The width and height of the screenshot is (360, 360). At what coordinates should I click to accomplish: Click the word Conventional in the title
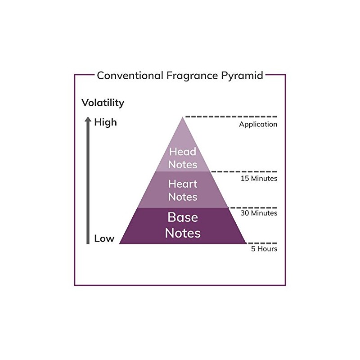pyautogui.click(x=130, y=76)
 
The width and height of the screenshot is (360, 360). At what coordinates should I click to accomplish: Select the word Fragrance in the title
pyautogui.click(x=192, y=76)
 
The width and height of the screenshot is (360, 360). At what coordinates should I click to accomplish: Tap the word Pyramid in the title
pyautogui.click(x=242, y=76)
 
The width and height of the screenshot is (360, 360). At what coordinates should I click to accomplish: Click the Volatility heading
pyautogui.click(x=103, y=103)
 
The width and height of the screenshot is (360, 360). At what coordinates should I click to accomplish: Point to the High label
pyautogui.click(x=106, y=122)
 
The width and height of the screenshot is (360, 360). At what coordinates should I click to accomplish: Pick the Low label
pyautogui.click(x=104, y=238)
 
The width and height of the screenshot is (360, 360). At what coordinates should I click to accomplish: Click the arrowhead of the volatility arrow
pyautogui.click(x=88, y=119)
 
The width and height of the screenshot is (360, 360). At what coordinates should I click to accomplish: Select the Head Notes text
pyautogui.click(x=183, y=158)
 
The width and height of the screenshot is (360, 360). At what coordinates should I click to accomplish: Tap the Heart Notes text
pyautogui.click(x=183, y=190)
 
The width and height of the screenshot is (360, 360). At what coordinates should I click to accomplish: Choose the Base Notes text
pyautogui.click(x=183, y=225)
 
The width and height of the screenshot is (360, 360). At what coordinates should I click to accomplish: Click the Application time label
pyautogui.click(x=258, y=125)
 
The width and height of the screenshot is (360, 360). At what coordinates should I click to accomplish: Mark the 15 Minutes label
pyautogui.click(x=259, y=178)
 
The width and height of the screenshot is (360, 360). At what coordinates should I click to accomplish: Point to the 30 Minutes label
pyautogui.click(x=259, y=213)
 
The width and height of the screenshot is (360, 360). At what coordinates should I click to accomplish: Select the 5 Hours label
pyautogui.click(x=264, y=249)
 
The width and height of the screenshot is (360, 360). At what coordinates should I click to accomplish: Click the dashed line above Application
pyautogui.click(x=231, y=117)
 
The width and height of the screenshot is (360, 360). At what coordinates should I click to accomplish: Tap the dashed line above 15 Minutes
pyautogui.click(x=244, y=171)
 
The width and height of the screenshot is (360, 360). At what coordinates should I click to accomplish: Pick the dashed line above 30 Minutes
pyautogui.click(x=253, y=207)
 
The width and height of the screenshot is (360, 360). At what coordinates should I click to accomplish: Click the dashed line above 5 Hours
pyautogui.click(x=261, y=243)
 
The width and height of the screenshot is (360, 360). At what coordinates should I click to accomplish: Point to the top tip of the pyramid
pyautogui.click(x=183, y=117)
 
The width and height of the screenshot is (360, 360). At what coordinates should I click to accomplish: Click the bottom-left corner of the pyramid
pyautogui.click(x=119, y=243)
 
